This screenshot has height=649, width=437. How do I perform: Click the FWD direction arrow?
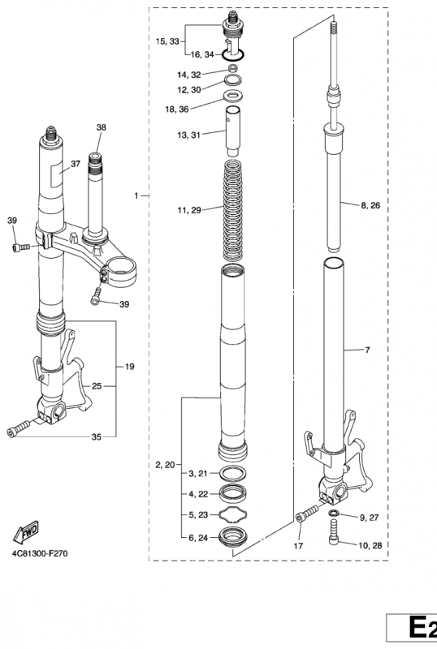(x=26, y=532)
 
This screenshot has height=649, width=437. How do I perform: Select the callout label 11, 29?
(x=189, y=210)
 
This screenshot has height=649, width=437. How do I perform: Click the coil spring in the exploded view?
(x=233, y=211)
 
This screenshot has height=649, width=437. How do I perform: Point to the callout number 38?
(x=102, y=127)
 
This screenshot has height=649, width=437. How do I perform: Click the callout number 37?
(x=76, y=164)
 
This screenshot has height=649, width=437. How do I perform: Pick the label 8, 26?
(x=370, y=205)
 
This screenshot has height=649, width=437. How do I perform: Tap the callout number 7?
(x=367, y=350)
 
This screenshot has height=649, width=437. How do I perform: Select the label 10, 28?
(x=370, y=545)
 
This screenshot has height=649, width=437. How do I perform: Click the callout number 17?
(x=299, y=546)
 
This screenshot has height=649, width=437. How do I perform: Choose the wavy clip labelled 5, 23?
(x=233, y=514)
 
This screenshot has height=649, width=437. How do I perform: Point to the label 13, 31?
(x=188, y=135)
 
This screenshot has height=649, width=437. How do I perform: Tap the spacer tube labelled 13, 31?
(x=233, y=131)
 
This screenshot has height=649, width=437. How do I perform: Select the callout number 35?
(x=96, y=437)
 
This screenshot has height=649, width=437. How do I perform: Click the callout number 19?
(x=129, y=367)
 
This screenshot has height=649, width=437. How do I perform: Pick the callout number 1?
(x=136, y=196)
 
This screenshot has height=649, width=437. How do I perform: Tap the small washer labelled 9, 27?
(x=333, y=514)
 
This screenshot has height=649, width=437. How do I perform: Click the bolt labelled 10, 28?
(x=334, y=532)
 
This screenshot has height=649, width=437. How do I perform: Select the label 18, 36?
(x=176, y=110)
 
